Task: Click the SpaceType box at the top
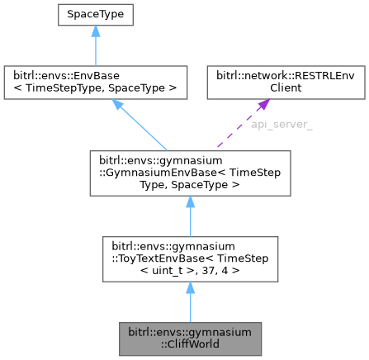pyautogui.click(x=96, y=14)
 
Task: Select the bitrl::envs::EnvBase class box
pyautogui.click(x=96, y=79)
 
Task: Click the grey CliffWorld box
pyautogui.click(x=190, y=339)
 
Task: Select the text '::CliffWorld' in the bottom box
pyautogui.click(x=190, y=344)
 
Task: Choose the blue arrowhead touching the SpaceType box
pyautogui.click(x=96, y=32)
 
